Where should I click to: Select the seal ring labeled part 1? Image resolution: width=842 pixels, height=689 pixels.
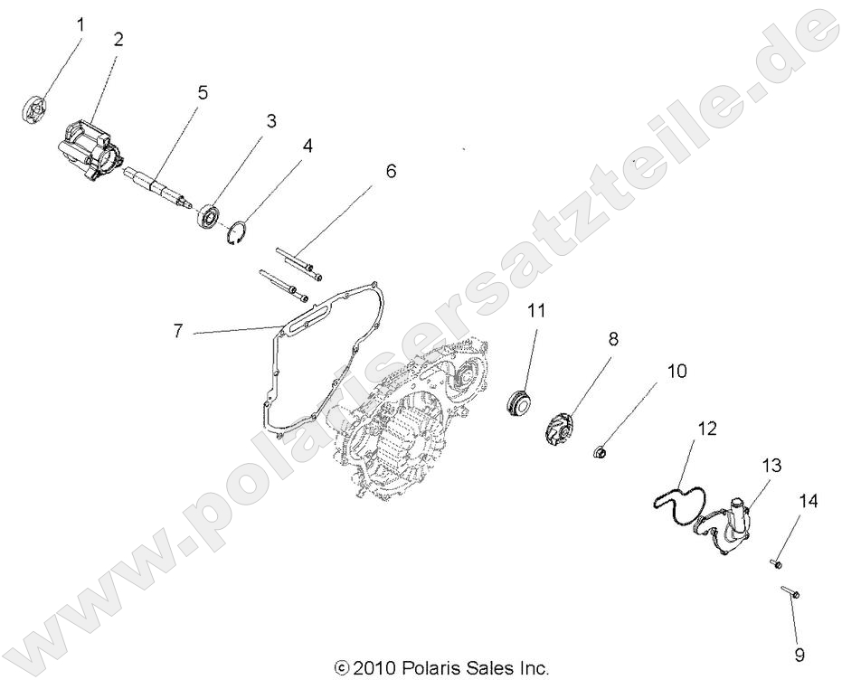(33, 109)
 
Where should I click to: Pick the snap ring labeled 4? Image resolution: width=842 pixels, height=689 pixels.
(236, 231)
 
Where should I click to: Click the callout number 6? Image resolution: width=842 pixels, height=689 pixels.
(391, 170)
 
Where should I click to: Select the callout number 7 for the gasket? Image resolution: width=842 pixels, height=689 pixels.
(178, 332)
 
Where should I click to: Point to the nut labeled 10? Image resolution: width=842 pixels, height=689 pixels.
(599, 449)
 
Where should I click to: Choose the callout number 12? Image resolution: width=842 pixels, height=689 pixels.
(706, 429)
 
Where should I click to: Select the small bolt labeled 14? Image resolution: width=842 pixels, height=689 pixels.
(776, 564)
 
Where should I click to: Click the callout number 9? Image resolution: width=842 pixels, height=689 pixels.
(799, 654)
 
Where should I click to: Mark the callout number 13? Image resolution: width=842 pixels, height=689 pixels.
(771, 466)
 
